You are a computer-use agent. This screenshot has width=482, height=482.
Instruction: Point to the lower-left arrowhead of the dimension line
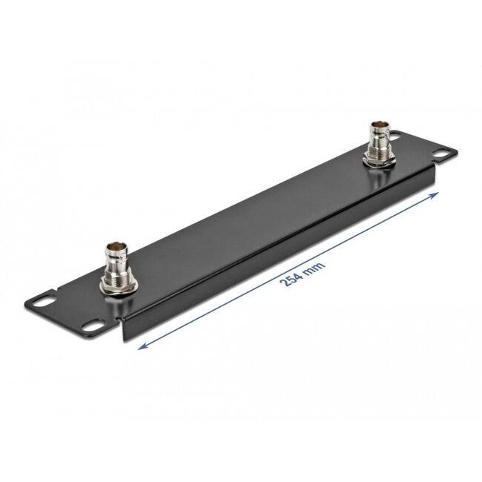click(142, 345)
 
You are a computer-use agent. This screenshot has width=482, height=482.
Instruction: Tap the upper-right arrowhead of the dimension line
click(437, 193)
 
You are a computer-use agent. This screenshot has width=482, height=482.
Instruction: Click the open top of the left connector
click(116, 245)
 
